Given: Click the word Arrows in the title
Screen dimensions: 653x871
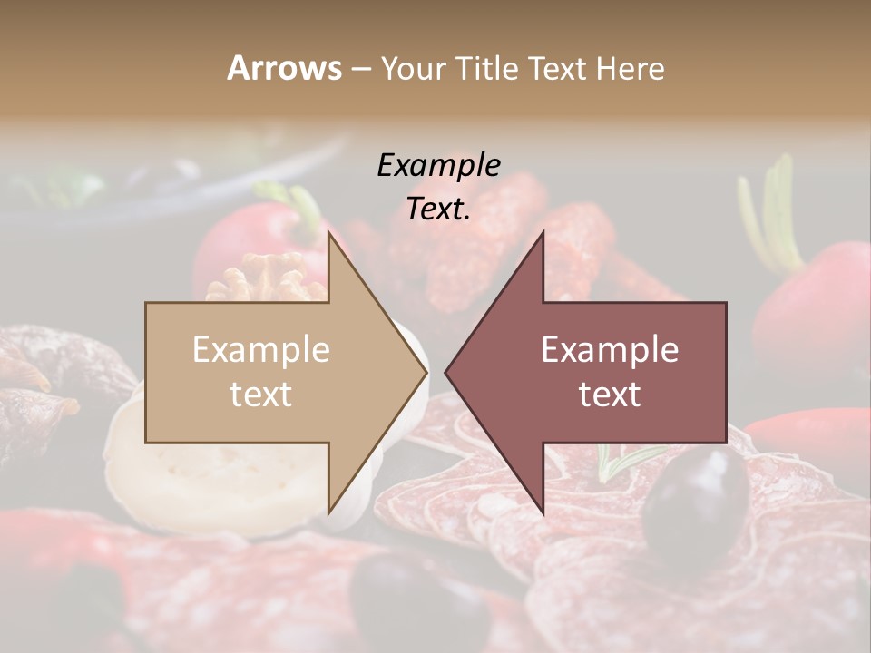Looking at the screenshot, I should click(285, 68).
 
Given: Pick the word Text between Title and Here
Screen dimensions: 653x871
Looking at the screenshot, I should click(557, 69).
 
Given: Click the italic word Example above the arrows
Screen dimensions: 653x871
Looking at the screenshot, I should click(439, 166).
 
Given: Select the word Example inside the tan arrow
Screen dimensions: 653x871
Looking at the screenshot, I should click(261, 350).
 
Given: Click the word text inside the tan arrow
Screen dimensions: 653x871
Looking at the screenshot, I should click(261, 395).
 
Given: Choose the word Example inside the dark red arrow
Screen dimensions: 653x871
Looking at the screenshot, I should click(610, 350).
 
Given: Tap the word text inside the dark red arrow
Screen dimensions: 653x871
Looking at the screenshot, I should click(610, 395).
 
